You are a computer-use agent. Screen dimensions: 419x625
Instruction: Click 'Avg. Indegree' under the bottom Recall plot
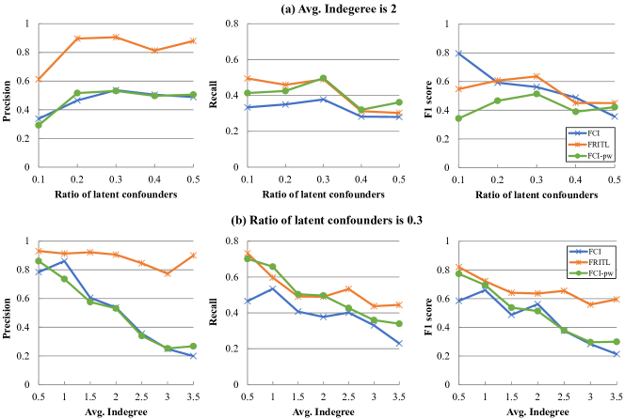322,411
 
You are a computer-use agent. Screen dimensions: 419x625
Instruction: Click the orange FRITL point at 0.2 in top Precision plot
78,39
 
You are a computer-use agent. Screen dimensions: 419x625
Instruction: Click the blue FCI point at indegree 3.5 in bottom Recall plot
398,344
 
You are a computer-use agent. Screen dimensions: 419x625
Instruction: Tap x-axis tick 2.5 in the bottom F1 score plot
565,397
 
